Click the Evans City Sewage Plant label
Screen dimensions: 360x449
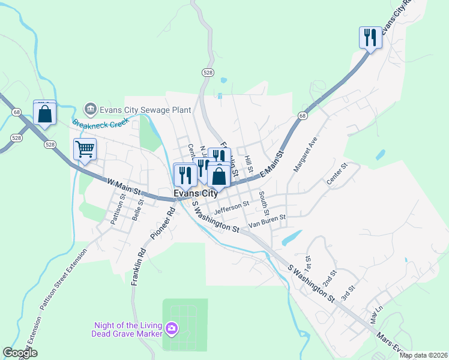pyautogui.click(x=145, y=109)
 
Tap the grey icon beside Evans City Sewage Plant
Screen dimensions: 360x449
pyautogui.click(x=91, y=109)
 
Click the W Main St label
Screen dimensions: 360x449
pyautogui.click(x=124, y=186)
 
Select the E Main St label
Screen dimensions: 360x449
pyautogui.click(x=271, y=165)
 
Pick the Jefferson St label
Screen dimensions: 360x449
pyautogui.click(x=231, y=207)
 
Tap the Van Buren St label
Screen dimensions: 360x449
pyautogui.click(x=267, y=221)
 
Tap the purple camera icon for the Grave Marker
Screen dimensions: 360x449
pyautogui.click(x=172, y=328)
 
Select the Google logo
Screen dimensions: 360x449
pyautogui.click(x=20, y=353)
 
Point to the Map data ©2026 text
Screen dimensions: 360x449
pyautogui.click(x=423, y=355)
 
